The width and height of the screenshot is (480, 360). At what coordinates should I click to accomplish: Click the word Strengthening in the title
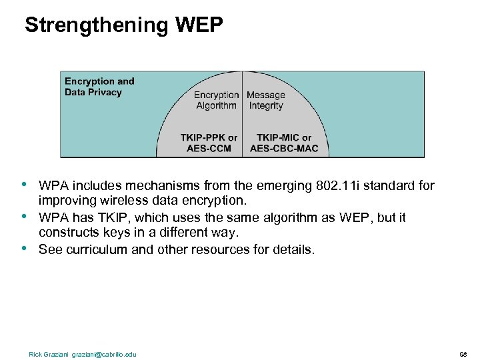point(97,25)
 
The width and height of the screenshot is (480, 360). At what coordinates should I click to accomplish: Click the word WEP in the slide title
point(199,25)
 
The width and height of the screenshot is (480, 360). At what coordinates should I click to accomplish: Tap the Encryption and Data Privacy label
point(99,87)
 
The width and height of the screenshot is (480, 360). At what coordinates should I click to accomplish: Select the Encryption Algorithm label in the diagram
point(216,100)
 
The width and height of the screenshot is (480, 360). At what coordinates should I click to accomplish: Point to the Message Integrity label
point(266,100)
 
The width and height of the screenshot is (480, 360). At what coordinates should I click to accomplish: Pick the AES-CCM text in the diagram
point(209,148)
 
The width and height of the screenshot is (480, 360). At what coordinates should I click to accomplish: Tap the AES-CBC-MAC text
point(284,148)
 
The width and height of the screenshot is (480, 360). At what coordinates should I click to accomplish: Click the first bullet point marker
point(24,183)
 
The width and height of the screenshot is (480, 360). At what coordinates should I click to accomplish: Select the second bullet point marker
point(24,216)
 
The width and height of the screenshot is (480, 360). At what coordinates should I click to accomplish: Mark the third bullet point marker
point(24,248)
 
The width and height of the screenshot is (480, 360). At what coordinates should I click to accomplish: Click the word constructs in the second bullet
point(69,233)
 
